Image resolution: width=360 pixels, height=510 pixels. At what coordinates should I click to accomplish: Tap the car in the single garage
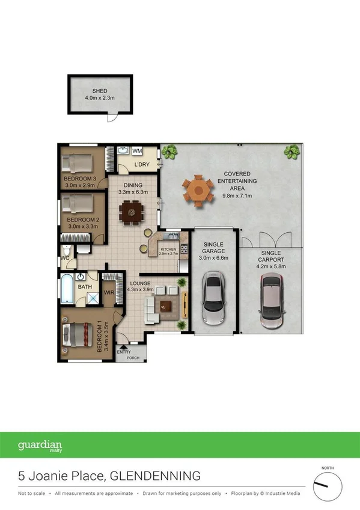coord(213,300)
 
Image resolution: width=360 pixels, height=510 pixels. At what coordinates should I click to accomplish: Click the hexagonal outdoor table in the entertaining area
coord(198,190)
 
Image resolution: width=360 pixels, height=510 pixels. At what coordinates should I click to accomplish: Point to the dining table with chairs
coord(131,212)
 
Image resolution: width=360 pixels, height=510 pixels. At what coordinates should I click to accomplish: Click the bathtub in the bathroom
coord(66,289)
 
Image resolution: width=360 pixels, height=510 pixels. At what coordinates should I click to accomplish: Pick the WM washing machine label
coord(137,150)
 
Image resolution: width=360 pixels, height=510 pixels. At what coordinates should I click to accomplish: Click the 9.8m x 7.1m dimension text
coord(237,195)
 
